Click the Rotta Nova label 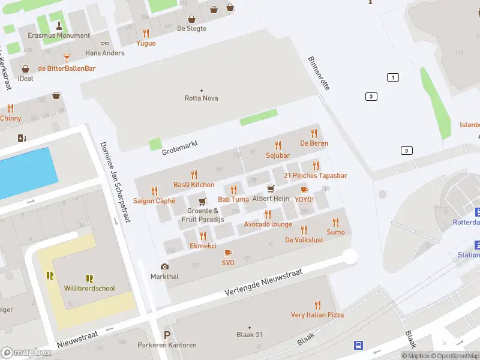(201, 98)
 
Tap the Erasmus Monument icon (59, 25)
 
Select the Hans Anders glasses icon (105, 43)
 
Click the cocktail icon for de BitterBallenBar (67, 58)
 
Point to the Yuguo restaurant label (146, 43)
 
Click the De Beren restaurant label (314, 143)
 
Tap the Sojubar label (278, 155)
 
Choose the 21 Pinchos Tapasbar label (316, 176)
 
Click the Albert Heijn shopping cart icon (271, 189)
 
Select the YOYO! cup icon (304, 190)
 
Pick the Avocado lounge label (268, 224)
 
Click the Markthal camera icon (164, 266)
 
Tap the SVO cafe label (228, 263)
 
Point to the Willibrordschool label (89, 289)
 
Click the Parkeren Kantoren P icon (167, 335)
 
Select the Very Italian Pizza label (317, 315)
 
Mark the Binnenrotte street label (319, 73)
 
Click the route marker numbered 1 (393, 77)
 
